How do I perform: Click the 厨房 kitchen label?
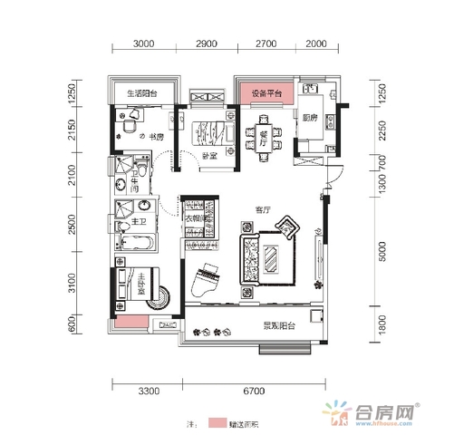(309, 117)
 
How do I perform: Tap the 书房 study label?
(156, 137)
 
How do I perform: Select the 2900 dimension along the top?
(205, 43)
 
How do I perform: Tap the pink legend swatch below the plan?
(218, 423)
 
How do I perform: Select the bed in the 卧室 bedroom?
(208, 126)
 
